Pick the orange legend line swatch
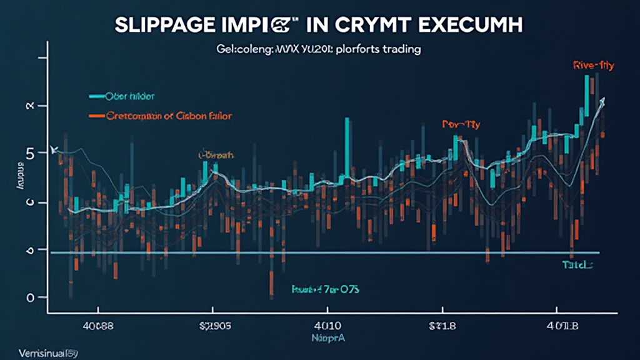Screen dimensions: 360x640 pyautogui.click(x=96, y=116)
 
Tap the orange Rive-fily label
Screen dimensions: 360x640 pyautogui.click(x=591, y=64)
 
